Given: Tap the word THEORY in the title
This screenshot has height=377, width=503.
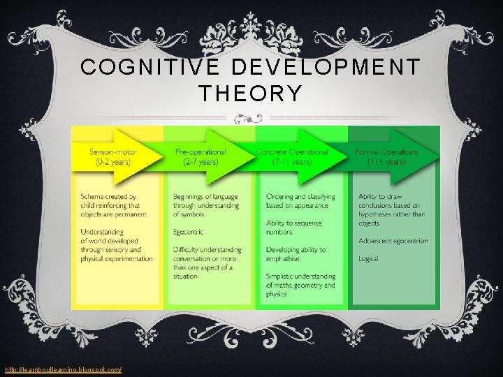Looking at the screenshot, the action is [251, 93].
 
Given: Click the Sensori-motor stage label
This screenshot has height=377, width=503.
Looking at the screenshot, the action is [113, 151].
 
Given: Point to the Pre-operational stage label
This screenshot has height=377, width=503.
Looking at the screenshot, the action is [201, 151].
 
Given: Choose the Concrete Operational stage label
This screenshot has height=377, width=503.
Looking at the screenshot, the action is [292, 151].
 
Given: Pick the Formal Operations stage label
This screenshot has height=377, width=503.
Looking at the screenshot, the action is [386, 151].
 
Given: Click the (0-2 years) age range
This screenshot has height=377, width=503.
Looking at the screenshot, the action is [113, 162].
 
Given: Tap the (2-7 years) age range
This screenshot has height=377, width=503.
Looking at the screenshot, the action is [201, 162].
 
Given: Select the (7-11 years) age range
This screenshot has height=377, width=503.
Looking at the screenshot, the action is [292, 162].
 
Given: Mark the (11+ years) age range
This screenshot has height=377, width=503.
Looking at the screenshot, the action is [386, 162].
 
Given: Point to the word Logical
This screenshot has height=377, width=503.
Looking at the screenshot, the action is [368, 258].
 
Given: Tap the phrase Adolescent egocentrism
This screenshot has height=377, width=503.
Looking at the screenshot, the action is [393, 241].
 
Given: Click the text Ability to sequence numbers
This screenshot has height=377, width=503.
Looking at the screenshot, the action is [294, 228].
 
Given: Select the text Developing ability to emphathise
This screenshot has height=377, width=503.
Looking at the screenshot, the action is [296, 254].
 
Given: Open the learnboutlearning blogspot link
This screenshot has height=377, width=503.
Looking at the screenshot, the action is [63, 369].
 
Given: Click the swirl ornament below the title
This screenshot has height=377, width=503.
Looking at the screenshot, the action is [251, 117].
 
